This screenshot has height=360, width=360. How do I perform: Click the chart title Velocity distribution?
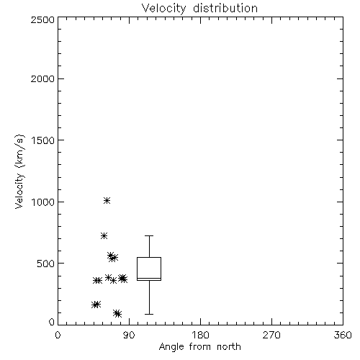click(x=199, y=9)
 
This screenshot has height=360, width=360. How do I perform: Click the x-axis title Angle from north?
click(x=199, y=347)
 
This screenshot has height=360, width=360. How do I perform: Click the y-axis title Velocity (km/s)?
click(x=19, y=171)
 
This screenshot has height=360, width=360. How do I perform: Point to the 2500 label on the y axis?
click(x=42, y=19)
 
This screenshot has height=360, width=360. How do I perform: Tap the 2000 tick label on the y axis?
click(x=42, y=78)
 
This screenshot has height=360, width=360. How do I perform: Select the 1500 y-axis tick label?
click(x=43, y=140)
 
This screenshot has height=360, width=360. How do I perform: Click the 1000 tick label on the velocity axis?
click(x=43, y=202)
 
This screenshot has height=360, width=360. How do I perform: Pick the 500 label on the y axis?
click(x=46, y=264)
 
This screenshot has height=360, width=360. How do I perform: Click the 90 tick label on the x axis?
click(x=129, y=335)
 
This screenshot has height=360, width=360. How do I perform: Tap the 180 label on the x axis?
click(x=200, y=335)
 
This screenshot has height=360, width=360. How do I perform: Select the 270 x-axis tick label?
click(x=271, y=335)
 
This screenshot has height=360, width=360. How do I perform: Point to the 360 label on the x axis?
click(x=343, y=335)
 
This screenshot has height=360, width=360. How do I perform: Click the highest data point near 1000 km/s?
click(x=107, y=200)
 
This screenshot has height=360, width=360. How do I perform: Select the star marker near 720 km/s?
click(x=104, y=235)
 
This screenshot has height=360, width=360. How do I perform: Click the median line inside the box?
click(x=149, y=278)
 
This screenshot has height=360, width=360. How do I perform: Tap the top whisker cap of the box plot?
click(x=149, y=236)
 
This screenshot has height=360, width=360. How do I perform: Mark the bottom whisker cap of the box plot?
click(x=149, y=314)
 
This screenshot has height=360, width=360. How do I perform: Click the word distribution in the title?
click(x=225, y=9)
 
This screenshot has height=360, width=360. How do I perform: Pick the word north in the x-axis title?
click(x=229, y=347)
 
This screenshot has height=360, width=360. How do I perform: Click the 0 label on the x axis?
click(x=58, y=335)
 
